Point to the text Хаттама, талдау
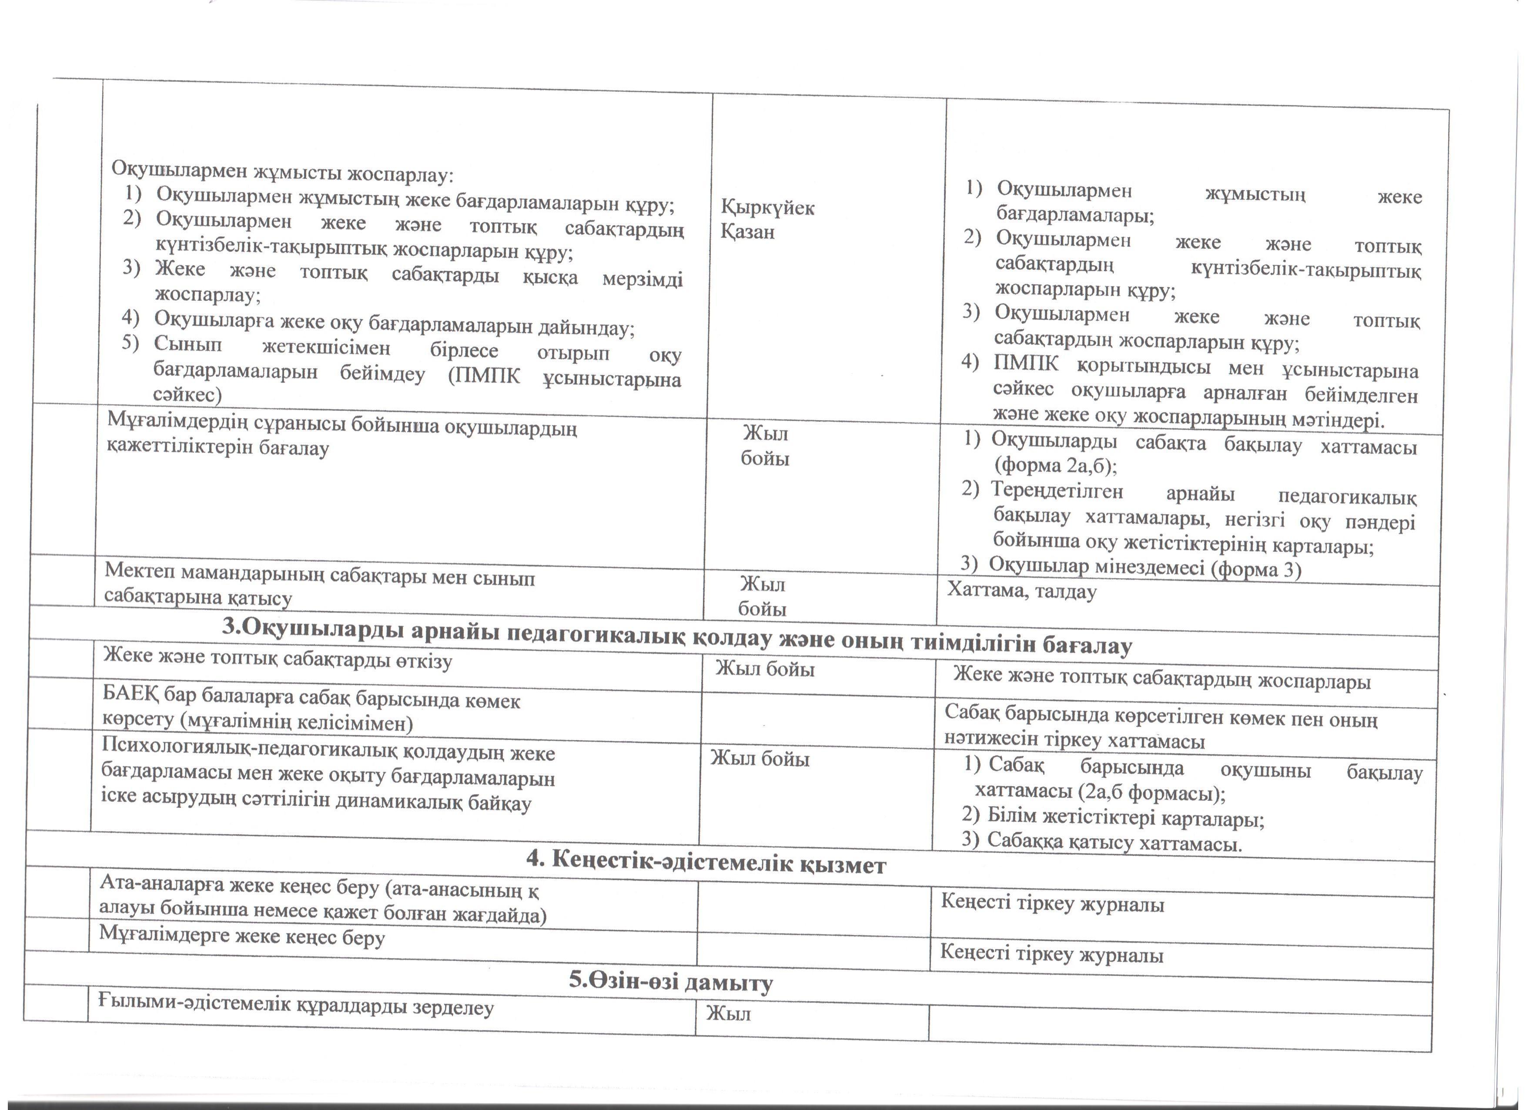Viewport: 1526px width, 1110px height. tap(1022, 591)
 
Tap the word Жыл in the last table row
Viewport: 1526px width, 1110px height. tap(728, 1014)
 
